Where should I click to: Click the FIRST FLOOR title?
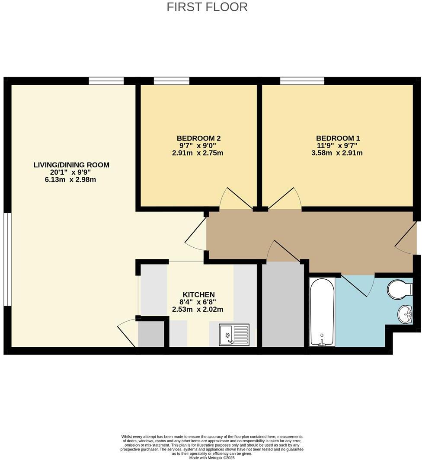pos(207,7)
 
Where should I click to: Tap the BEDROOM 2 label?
pos(198,138)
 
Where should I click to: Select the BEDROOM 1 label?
pos(338,138)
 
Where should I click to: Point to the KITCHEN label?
pos(198,295)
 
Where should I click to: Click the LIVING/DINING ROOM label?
pos(71,165)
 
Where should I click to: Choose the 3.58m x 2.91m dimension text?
pos(338,153)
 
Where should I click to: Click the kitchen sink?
pos(234,335)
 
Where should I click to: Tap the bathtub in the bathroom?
pos(322,312)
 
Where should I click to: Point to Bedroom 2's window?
pos(171,81)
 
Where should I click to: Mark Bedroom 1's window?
pos(302,81)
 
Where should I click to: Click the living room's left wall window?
pos(7,259)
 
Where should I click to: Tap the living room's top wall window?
pos(106,81)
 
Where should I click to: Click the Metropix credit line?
pos(212,457)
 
